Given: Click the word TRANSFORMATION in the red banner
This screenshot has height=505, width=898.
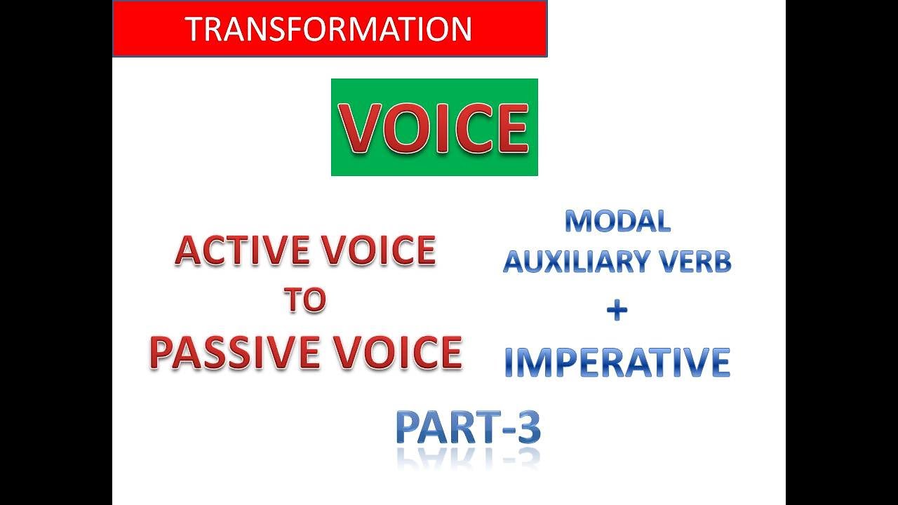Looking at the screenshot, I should [328, 29].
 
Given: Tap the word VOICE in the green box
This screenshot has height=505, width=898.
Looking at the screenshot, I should [434, 128].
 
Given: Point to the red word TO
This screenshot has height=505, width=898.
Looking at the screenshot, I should [304, 300].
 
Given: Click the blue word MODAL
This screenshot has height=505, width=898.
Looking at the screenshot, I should [617, 222].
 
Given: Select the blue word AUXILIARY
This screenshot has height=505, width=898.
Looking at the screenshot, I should [575, 262].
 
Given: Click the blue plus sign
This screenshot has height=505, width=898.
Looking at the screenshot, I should [617, 311].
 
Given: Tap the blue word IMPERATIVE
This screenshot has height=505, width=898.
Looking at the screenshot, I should [617, 362].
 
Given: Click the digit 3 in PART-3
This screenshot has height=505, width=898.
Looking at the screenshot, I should [525, 427].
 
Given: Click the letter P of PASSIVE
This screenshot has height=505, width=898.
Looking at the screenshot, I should [163, 352].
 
